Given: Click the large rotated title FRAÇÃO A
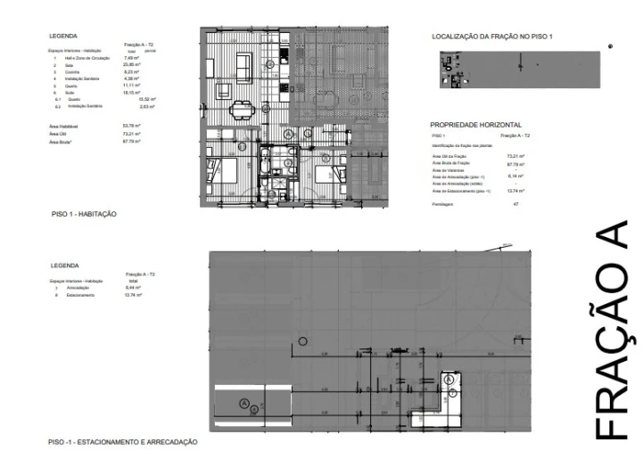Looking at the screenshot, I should [613, 329].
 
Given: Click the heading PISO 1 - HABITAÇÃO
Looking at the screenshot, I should [84, 215].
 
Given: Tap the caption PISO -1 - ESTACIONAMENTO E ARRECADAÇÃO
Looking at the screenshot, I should [122, 442].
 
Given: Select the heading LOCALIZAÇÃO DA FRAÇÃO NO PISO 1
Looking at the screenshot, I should [492, 37].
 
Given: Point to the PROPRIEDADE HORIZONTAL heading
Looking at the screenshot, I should [475, 126].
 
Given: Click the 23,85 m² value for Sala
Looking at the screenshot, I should [130, 65].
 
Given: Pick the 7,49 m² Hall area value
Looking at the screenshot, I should [130, 58].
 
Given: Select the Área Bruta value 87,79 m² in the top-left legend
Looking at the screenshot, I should [132, 142].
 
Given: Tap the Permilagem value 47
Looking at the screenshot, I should [515, 204].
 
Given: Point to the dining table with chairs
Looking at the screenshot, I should [241, 111].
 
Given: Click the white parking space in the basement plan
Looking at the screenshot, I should [252, 405].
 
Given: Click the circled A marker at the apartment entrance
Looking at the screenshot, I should [288, 133].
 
